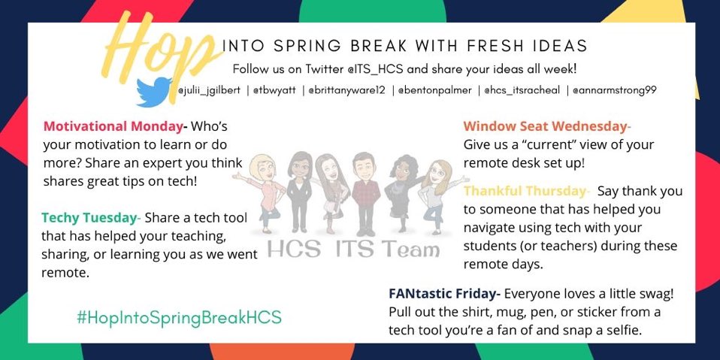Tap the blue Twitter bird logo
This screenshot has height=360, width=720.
(x=154, y=92)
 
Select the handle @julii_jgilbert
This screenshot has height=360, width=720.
(x=210, y=90)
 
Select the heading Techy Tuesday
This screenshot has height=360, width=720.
(x=90, y=219)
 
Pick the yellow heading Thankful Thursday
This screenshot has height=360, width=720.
(x=525, y=191)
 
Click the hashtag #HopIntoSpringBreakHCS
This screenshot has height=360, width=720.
(x=179, y=317)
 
